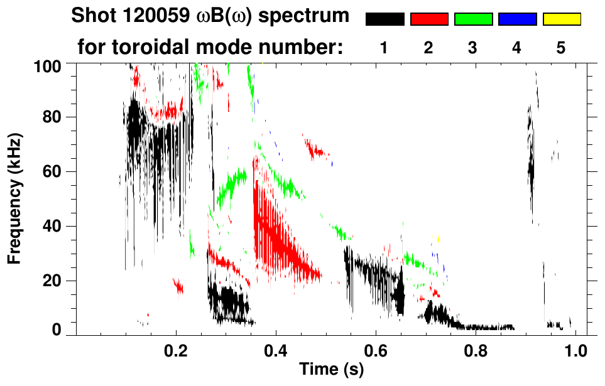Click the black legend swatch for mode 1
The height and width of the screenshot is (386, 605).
[x=384, y=19]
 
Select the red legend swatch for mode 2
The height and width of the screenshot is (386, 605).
[x=428, y=19]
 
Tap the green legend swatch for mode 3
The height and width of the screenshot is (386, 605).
[x=473, y=19]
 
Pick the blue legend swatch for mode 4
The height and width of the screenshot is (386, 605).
[x=517, y=19]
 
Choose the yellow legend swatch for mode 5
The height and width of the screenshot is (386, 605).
[x=562, y=19]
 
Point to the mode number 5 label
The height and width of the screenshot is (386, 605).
[x=562, y=48]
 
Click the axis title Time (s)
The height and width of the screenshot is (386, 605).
[x=330, y=370]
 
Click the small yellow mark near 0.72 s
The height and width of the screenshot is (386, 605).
[x=438, y=239]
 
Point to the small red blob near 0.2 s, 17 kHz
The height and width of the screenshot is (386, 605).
[x=178, y=287]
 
